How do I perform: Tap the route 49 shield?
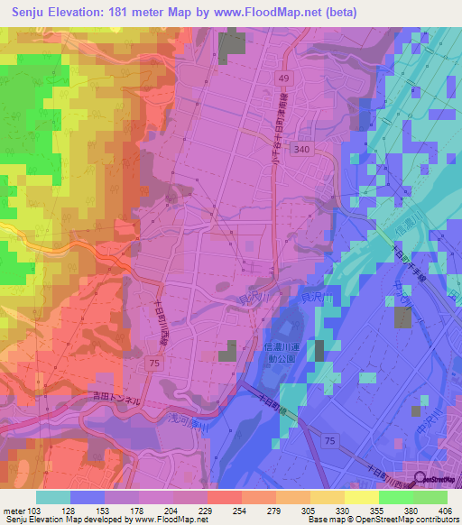pos(284,79)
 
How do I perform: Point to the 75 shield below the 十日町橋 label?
pos(331,439)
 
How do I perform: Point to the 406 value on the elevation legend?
pos(446,509)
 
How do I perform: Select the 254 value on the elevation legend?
pos(213,509)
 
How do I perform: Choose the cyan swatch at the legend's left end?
pos(53,497)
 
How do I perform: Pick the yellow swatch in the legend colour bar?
pos(361,497)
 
